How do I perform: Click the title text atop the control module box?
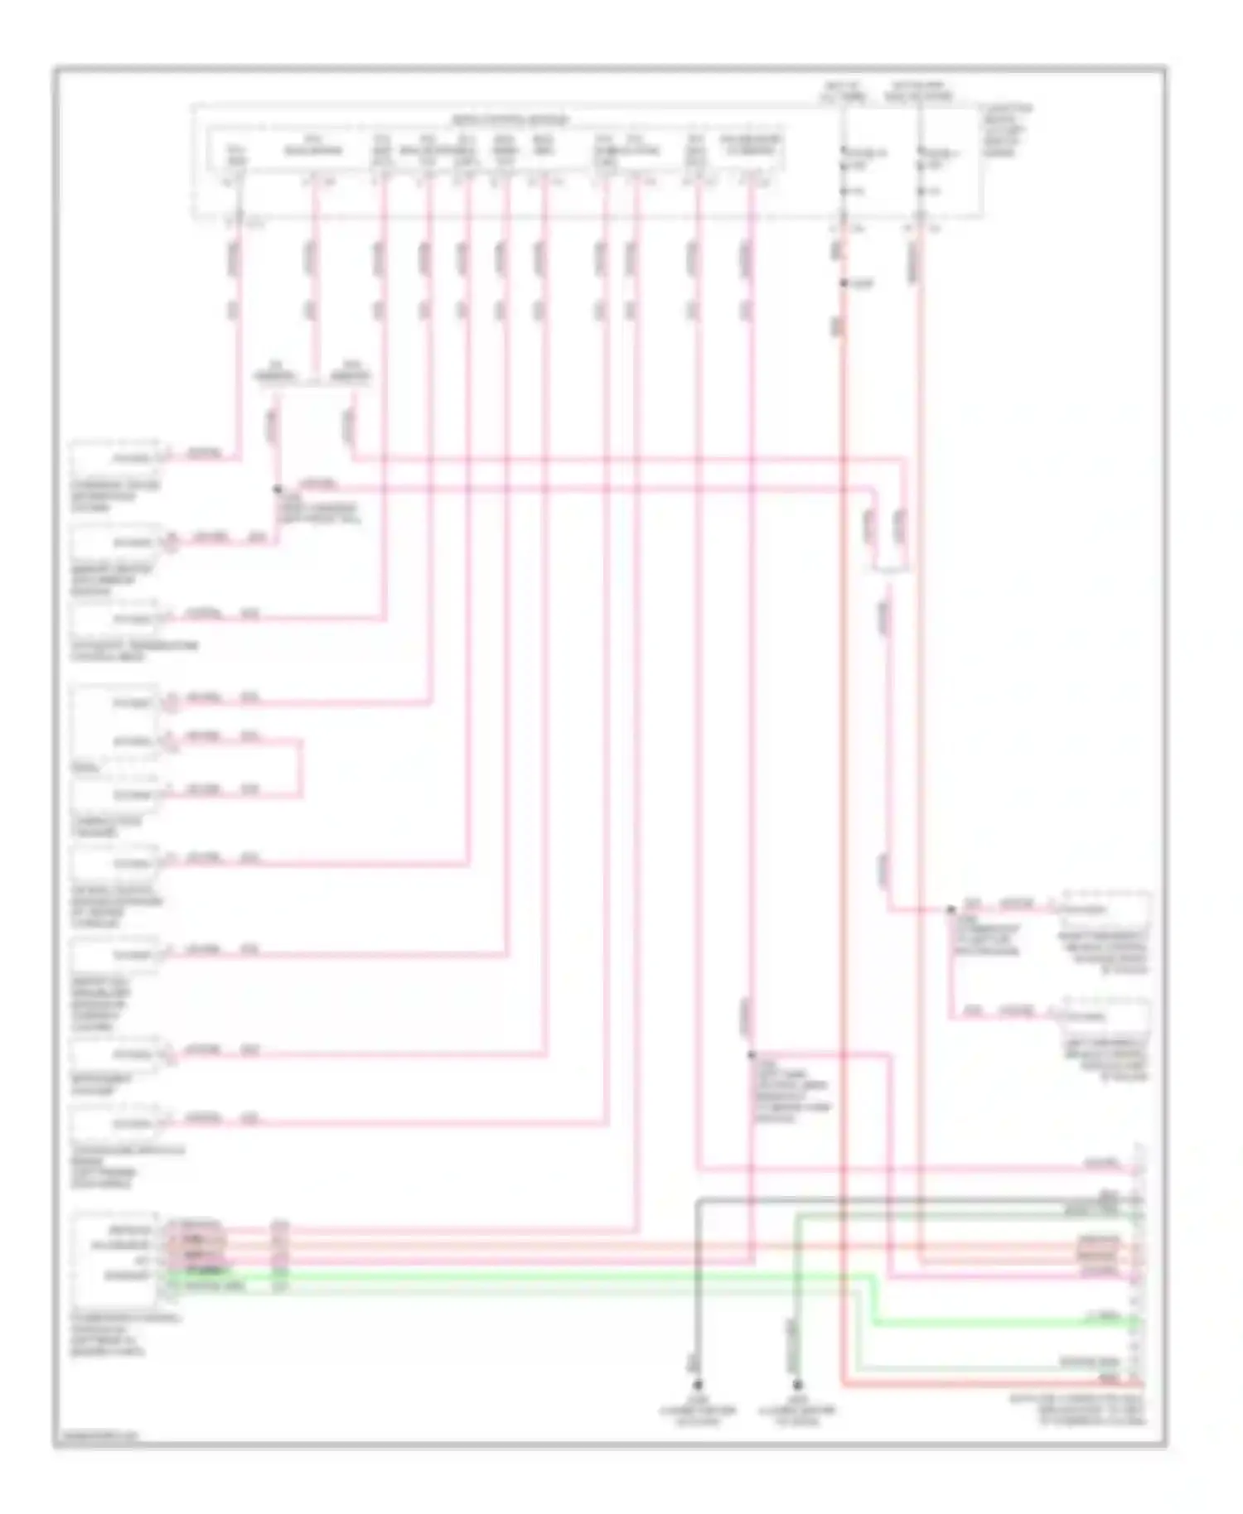510,120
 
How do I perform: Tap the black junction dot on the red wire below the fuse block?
844,283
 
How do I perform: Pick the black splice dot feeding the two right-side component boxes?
951,909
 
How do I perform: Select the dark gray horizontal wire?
912,1198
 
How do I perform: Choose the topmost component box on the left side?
116,457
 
